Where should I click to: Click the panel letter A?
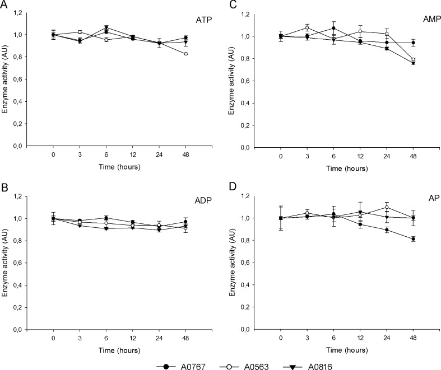[x=5, y=5]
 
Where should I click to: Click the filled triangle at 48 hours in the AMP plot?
[x=414, y=63]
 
